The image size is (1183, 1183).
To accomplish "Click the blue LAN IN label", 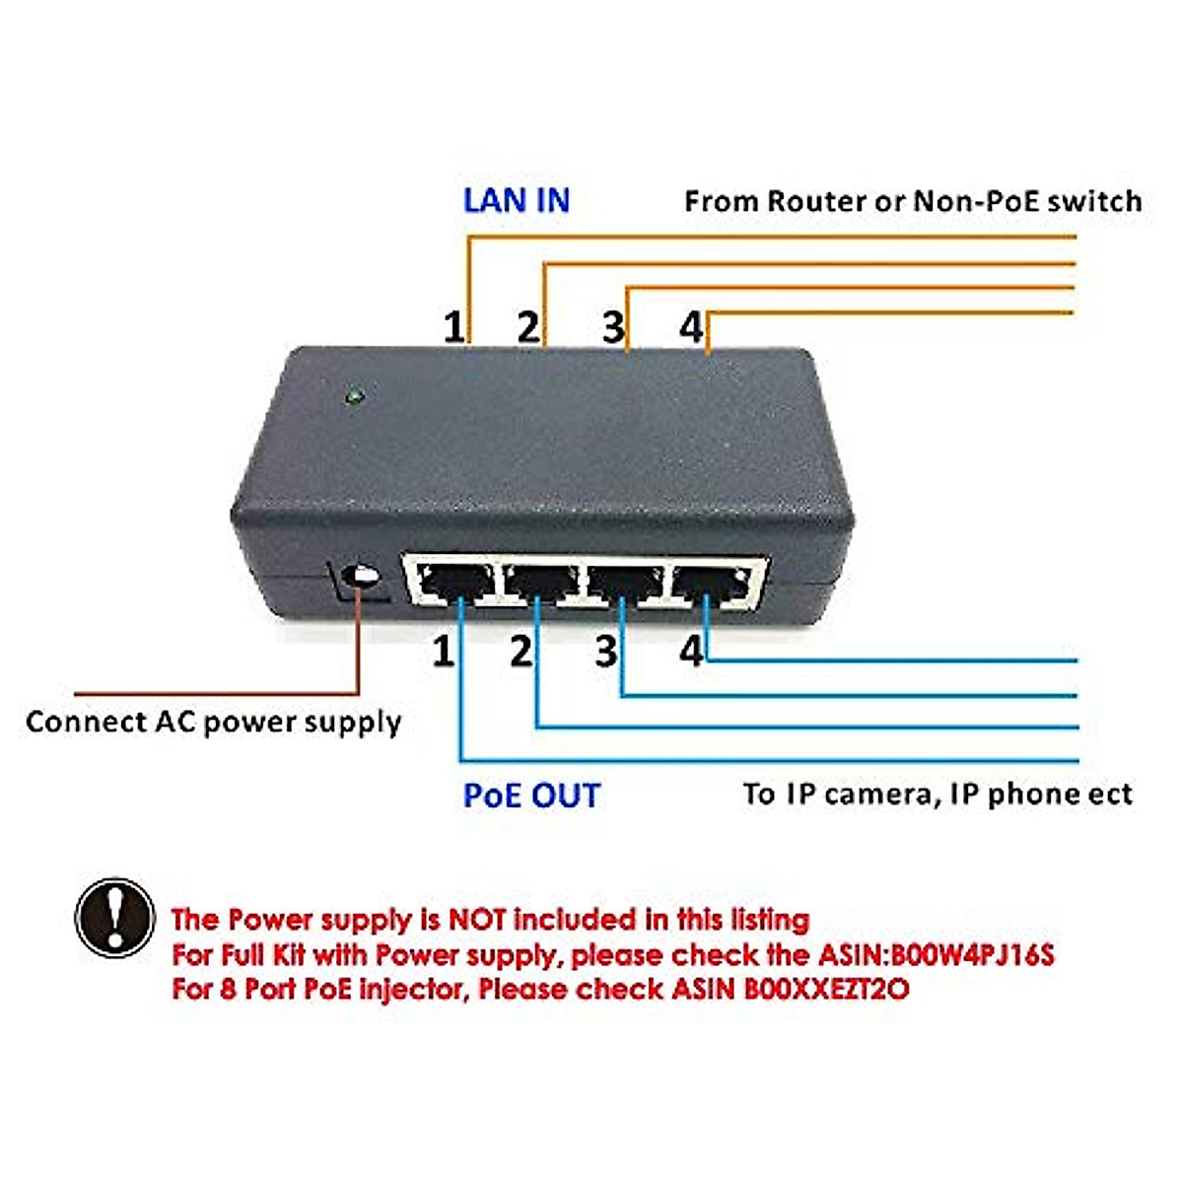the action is [x=517, y=200].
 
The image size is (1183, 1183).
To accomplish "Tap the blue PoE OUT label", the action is [x=531, y=795].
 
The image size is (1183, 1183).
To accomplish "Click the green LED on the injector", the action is [x=352, y=398].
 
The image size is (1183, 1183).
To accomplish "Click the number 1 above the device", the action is [x=452, y=327].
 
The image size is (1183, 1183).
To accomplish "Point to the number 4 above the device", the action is [x=691, y=326].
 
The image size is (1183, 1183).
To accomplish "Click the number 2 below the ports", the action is [x=521, y=651].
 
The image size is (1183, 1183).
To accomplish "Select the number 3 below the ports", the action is [x=606, y=652].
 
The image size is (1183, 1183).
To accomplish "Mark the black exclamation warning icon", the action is [x=115, y=918].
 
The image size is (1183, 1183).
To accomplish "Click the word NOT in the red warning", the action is [x=478, y=920].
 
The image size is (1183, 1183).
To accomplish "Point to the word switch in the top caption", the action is [x=1094, y=201].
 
